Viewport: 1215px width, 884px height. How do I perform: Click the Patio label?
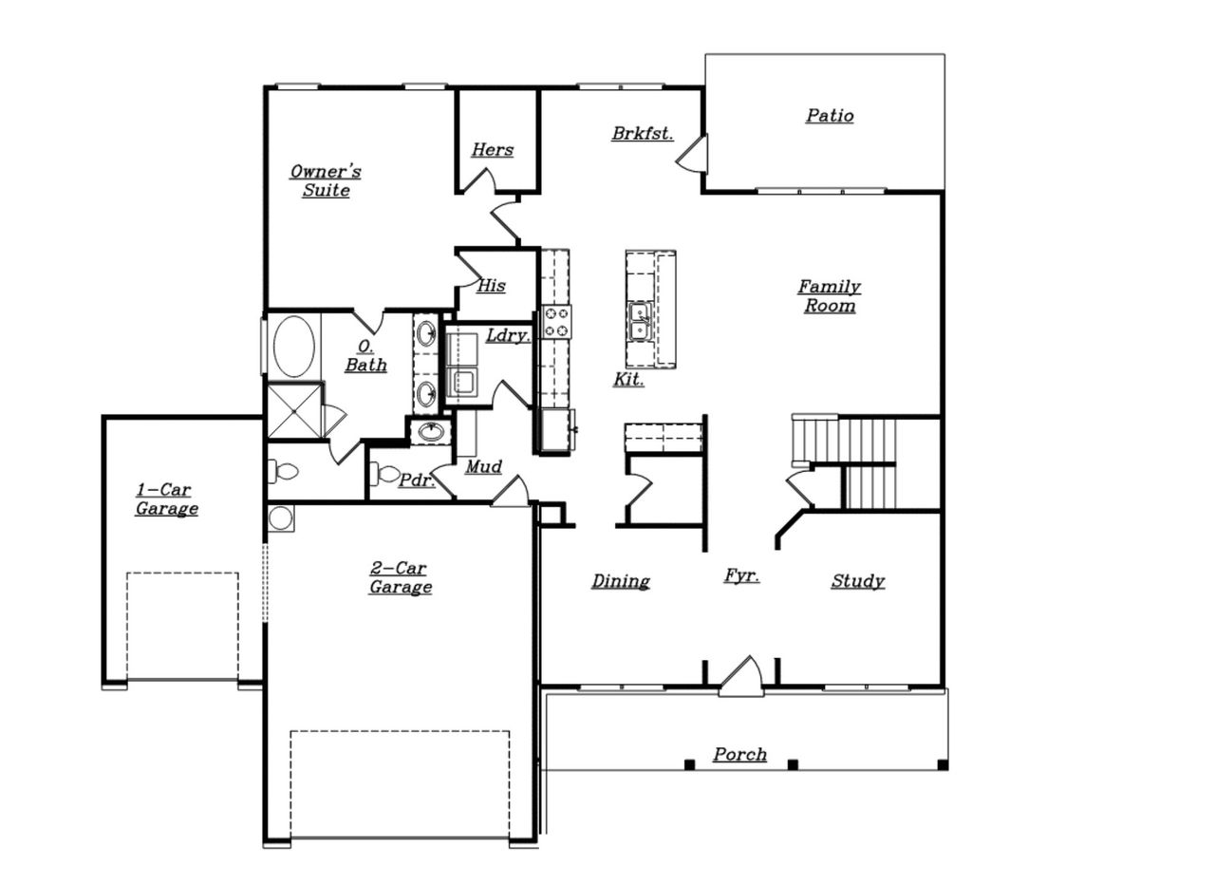click(830, 116)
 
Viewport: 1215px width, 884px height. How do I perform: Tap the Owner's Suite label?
click(326, 180)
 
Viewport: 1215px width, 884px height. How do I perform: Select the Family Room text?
click(829, 295)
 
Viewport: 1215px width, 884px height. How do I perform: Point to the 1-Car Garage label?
click(166, 499)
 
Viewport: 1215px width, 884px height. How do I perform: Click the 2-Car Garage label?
click(400, 577)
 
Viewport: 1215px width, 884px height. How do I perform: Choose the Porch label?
click(739, 755)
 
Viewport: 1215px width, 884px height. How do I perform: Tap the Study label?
click(857, 581)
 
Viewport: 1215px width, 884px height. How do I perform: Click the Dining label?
click(621, 581)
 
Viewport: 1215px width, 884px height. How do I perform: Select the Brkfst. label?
click(642, 134)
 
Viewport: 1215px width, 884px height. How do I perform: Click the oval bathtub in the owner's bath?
click(293, 347)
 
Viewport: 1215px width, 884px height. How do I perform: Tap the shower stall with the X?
click(293, 410)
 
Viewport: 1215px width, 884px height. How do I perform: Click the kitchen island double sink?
click(640, 321)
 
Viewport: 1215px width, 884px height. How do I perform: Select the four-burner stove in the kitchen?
click(557, 322)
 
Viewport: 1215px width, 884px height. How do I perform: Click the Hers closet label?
click(492, 150)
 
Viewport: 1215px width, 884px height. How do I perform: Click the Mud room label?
click(483, 467)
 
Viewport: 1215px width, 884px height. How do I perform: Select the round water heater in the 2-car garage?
click(280, 517)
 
